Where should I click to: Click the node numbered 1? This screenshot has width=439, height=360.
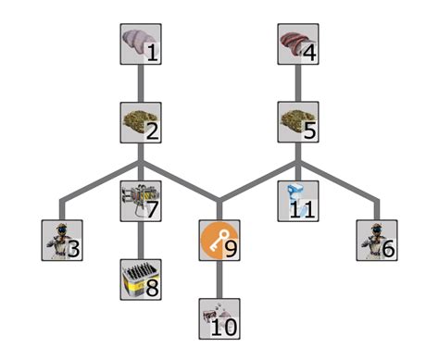tap(141, 44)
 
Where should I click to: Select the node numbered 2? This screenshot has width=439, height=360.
tap(141, 121)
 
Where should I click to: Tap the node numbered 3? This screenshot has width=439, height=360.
tap(62, 240)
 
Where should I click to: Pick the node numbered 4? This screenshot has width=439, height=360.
tap(298, 44)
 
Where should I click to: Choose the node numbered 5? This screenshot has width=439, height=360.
tap(298, 121)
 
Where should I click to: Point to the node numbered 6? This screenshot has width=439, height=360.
tap(377, 240)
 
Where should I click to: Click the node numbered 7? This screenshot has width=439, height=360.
tap(141, 201)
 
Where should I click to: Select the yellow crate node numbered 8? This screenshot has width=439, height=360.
tap(141, 279)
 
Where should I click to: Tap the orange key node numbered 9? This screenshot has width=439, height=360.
tap(219, 240)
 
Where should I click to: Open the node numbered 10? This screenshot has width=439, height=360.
tap(219, 318)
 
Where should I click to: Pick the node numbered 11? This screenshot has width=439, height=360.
tap(298, 201)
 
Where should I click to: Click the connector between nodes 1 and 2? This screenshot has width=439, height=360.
tap(141, 83)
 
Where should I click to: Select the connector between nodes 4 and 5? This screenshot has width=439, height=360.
tap(298, 83)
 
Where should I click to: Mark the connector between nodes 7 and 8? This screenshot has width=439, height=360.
tap(141, 241)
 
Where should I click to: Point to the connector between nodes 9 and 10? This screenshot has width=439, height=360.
tap(219, 279)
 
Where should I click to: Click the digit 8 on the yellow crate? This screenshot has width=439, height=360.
tap(152, 289)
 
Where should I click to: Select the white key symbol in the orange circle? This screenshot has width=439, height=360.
tap(217, 239)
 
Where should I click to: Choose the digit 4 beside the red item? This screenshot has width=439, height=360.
tap(309, 54)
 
